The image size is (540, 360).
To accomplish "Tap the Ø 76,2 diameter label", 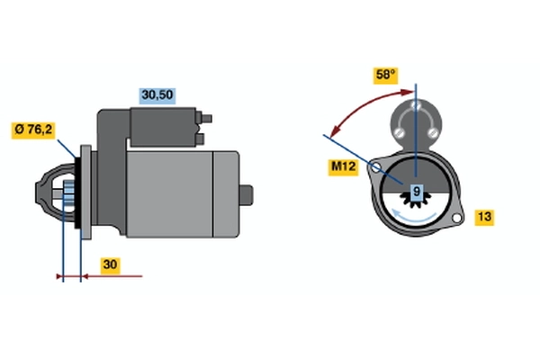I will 34,130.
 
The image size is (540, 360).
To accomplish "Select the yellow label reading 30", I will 110,265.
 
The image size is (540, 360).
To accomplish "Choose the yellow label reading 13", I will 483,216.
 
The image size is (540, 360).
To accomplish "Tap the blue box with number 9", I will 416,191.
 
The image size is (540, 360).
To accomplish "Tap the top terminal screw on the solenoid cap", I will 417,109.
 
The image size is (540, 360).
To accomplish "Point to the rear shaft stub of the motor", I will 247,193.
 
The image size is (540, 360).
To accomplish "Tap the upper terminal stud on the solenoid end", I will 208,116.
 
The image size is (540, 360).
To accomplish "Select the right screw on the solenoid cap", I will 433,134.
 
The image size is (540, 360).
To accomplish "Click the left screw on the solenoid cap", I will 399,134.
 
